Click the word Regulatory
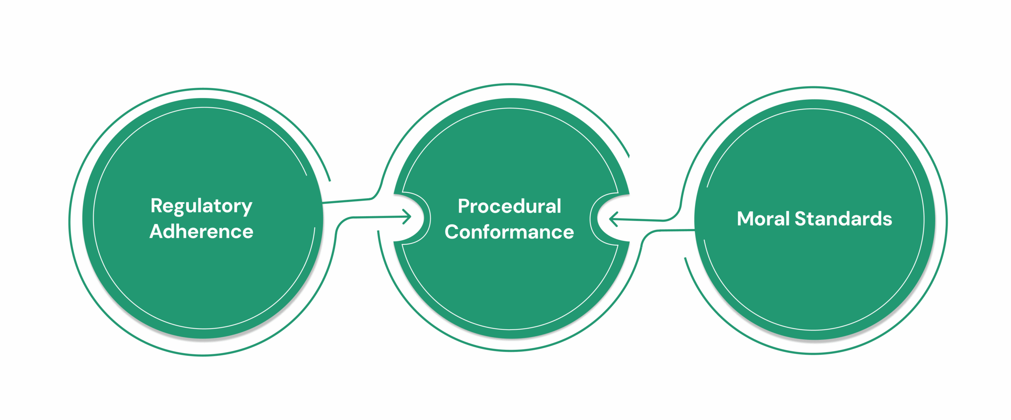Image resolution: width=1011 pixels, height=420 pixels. [201, 206]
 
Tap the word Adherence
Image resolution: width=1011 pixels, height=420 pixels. [201, 231]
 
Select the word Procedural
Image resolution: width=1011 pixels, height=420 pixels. [509, 206]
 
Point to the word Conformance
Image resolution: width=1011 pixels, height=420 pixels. [509, 232]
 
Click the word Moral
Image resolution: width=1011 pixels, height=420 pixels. [763, 219]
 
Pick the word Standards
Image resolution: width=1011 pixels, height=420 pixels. [843, 219]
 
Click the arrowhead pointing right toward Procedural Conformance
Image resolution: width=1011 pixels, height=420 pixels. [408, 217]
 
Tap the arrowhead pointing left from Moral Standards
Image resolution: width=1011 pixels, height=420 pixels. [613, 219]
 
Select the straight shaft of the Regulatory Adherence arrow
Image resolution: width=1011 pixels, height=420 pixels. [375, 217]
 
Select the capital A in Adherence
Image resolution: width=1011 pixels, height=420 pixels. [157, 231]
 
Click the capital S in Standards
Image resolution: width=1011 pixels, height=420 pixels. [801, 219]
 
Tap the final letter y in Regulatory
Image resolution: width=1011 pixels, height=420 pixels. [247, 208]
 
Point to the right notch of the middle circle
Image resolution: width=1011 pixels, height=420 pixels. [610, 219]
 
